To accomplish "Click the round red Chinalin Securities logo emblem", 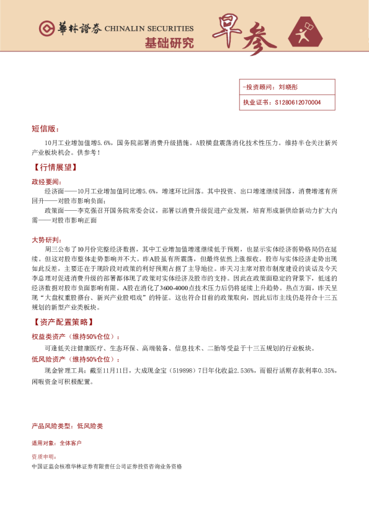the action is pyautogui.click(x=45, y=29).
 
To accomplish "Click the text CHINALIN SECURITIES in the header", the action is pyautogui.click(x=149, y=29).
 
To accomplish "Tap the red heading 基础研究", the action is pyautogui.click(x=169, y=43).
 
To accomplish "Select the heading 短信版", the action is pyautogui.click(x=45, y=129).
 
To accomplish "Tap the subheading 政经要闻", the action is pyautogui.click(x=47, y=182).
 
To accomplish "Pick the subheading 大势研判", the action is pyautogui.click(x=47, y=239).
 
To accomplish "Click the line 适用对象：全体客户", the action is pyautogui.click(x=56, y=443).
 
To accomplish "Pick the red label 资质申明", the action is pyautogui.click(x=43, y=455).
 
